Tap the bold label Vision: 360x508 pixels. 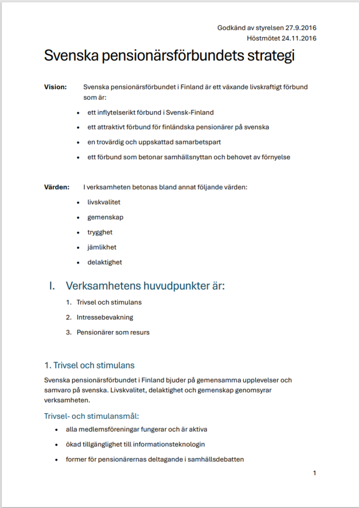(56, 87)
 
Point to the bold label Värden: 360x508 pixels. (57, 188)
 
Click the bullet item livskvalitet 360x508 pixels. (104, 202)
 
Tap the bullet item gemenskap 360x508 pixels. (105, 217)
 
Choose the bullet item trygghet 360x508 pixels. (100, 232)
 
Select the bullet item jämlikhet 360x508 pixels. (102, 247)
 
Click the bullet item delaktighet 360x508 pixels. (104, 262)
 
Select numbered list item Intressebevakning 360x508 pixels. (105, 317)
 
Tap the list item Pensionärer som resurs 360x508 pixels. (113, 332)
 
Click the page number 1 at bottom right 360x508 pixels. (314, 473)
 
